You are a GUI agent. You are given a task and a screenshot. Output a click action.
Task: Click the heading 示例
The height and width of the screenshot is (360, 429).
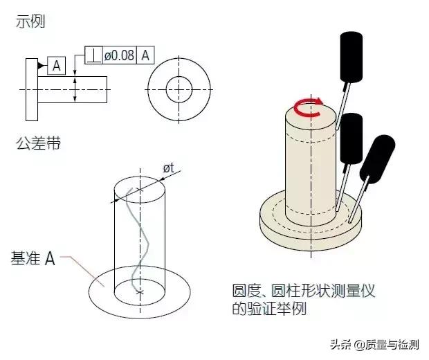(30, 21)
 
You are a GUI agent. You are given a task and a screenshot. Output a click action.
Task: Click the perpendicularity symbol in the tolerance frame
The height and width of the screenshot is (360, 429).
(94, 55)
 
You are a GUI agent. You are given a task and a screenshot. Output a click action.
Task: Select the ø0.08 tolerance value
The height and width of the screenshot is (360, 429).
(120, 55)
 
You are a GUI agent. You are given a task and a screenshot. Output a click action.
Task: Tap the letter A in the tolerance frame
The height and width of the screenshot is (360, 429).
(145, 55)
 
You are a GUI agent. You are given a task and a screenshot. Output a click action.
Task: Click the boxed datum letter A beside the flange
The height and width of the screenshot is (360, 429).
(56, 66)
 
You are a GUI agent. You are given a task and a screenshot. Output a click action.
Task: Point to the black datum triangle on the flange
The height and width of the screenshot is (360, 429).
(41, 66)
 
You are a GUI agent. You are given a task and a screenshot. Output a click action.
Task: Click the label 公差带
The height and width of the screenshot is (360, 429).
(38, 143)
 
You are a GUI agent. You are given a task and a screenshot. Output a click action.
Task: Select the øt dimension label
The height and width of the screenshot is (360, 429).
(169, 168)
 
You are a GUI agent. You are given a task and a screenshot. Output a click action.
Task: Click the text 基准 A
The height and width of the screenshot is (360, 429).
(33, 258)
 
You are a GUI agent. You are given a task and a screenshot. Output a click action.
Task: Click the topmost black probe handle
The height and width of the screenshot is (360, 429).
(352, 57)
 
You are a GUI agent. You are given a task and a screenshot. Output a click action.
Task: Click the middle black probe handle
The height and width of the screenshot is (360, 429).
(352, 138)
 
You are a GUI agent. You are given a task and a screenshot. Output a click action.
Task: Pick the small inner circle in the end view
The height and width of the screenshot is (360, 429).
(179, 77)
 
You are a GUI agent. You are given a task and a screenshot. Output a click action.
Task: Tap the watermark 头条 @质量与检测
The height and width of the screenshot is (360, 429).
(374, 344)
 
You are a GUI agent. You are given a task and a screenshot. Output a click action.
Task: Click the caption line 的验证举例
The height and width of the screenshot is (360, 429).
(269, 309)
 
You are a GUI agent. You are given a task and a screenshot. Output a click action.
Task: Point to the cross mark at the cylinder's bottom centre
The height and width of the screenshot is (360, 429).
(140, 292)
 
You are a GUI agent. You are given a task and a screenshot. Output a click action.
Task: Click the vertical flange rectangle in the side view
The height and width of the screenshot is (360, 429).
(32, 89)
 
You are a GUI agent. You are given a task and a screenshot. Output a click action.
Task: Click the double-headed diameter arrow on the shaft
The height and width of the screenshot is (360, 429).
(75, 89)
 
